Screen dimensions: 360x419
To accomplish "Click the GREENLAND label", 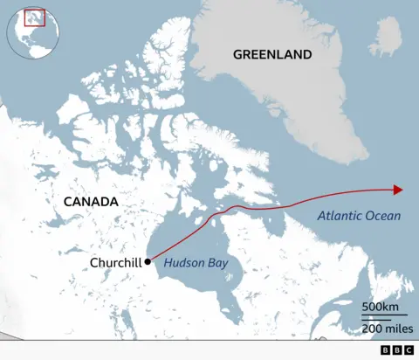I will pos(271,54).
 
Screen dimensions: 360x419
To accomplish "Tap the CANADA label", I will pos(90,202).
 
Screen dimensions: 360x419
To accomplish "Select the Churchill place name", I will pos(116,262).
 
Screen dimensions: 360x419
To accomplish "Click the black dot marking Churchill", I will pos(148,261).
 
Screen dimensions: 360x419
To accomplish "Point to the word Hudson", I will pos(183,260).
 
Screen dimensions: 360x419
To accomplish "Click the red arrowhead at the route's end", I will pos(397,190).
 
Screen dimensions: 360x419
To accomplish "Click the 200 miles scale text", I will pos(385,328).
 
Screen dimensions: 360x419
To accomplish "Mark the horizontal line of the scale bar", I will pos(385,317).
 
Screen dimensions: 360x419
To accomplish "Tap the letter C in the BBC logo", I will pos(408,350).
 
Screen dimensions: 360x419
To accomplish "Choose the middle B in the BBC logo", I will pos(396,350).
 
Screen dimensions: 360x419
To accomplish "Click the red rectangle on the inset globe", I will pos(35,17).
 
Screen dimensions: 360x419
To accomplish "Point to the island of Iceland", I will pos(387,36).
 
